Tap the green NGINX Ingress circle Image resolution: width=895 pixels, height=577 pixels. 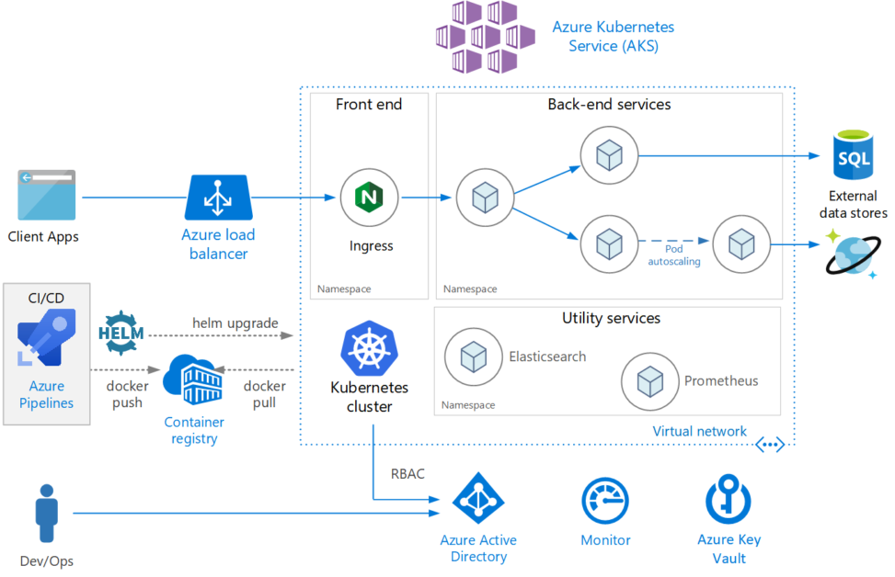pyautogui.click(x=370, y=197)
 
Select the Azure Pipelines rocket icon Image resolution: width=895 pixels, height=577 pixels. pyautogui.click(x=47, y=339)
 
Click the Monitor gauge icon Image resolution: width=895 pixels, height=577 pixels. pyautogui.click(x=605, y=501)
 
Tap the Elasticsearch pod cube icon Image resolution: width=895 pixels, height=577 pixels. pyautogui.click(x=473, y=357)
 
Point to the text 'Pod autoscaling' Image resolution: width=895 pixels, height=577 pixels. pyautogui.click(x=675, y=255)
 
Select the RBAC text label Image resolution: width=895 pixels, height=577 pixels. pyautogui.click(x=408, y=474)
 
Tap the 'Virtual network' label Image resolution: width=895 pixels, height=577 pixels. pyautogui.click(x=699, y=431)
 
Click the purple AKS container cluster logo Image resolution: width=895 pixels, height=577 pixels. pyautogui.click(x=486, y=37)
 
